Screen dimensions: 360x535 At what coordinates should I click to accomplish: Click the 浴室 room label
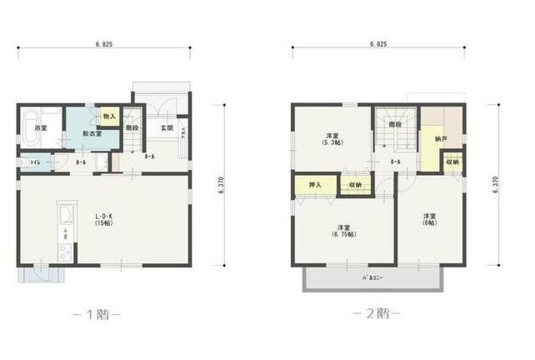[x=41, y=128]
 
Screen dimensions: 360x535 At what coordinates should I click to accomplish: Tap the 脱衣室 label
[x=92, y=133]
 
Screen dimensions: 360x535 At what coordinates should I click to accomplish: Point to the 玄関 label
[x=167, y=128]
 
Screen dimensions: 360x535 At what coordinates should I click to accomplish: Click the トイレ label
[x=35, y=162]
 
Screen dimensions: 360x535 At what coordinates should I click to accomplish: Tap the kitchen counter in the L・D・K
[x=65, y=230]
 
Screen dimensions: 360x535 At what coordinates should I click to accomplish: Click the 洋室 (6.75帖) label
[x=342, y=231]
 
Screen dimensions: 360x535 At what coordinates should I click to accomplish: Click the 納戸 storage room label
[x=441, y=138]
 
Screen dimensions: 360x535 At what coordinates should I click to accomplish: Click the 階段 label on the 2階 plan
[x=394, y=124]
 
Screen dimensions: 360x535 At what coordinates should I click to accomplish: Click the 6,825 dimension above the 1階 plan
[x=105, y=42]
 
